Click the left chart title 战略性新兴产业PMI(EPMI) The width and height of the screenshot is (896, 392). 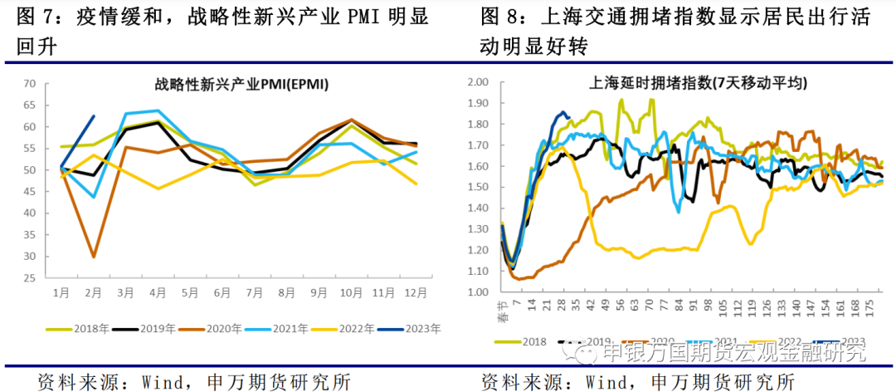click(x=241, y=84)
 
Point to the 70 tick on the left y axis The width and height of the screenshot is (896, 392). click(x=30, y=83)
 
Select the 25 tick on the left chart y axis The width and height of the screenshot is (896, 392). click(x=30, y=277)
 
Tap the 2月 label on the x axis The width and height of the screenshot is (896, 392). click(x=93, y=293)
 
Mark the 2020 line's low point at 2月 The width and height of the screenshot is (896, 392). click(x=93, y=257)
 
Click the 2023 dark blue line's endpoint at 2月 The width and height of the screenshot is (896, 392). click(x=93, y=116)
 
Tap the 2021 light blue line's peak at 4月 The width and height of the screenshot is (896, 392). click(x=158, y=110)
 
